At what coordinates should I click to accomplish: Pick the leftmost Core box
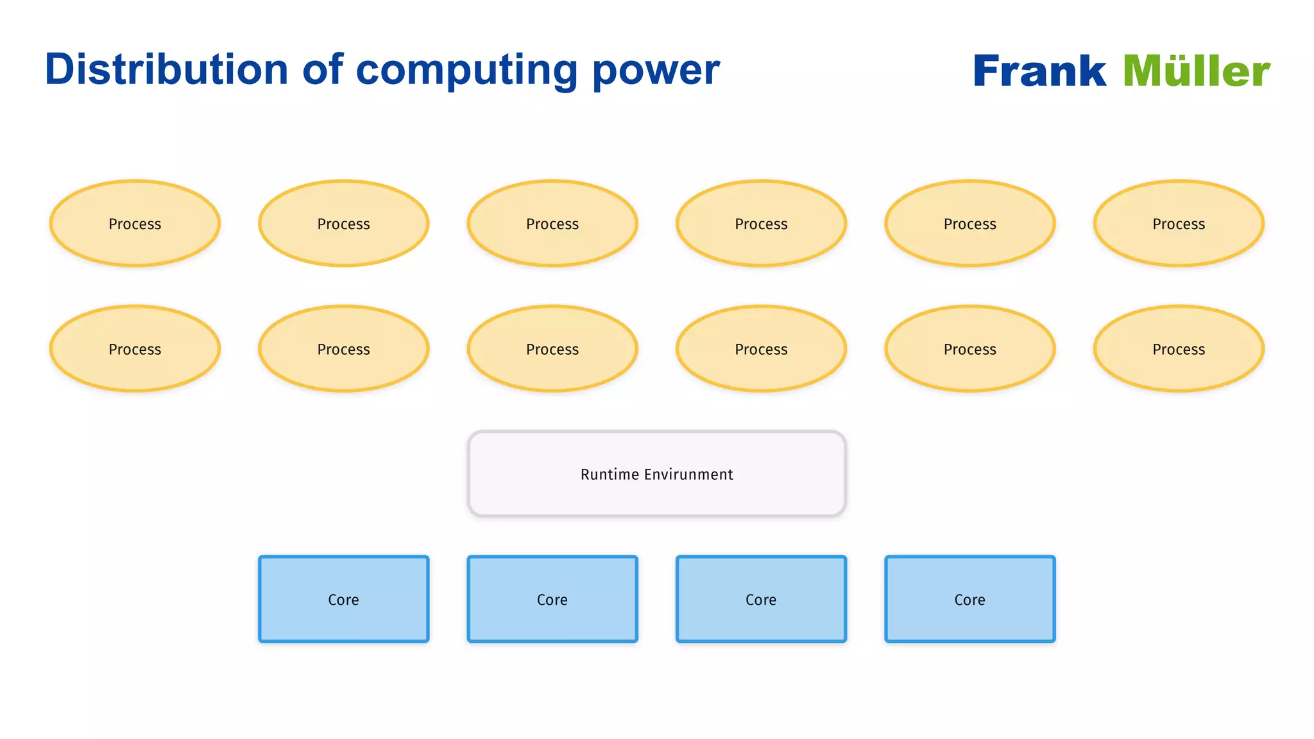[343, 599]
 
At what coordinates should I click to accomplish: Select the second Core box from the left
[552, 599]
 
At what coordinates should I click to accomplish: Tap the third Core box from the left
[761, 599]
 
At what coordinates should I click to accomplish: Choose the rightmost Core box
[969, 599]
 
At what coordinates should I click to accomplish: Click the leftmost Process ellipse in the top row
[135, 223]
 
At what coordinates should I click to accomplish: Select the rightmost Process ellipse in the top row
[1179, 223]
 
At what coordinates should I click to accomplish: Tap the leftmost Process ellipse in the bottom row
[135, 349]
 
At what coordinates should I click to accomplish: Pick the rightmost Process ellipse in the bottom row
[1179, 349]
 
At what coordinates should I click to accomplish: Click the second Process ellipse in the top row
[343, 223]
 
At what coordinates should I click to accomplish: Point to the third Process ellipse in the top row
[552, 223]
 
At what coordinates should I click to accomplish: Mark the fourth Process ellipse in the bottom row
[761, 349]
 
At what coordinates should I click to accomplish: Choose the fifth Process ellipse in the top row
[969, 223]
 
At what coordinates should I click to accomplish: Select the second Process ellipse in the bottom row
[343, 349]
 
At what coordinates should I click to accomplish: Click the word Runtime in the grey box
[610, 474]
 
